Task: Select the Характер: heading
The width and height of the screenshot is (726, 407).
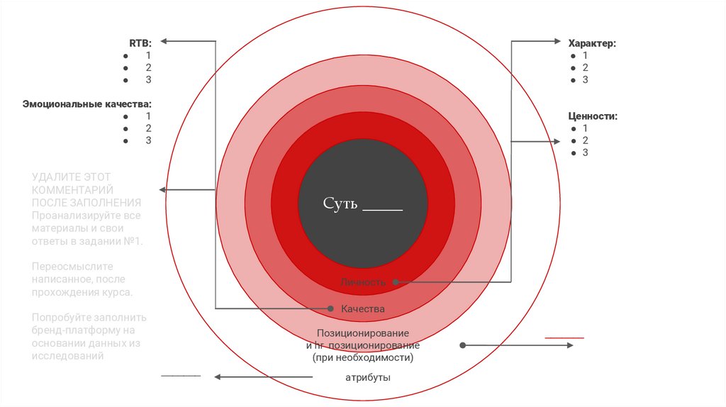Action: pyautogui.click(x=592, y=43)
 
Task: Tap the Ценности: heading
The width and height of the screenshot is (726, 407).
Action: pyautogui.click(x=593, y=116)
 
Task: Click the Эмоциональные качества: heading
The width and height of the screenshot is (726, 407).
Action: pyautogui.click(x=87, y=104)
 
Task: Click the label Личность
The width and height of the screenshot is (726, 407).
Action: pyautogui.click(x=363, y=282)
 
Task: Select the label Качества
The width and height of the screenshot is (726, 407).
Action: pyautogui.click(x=362, y=309)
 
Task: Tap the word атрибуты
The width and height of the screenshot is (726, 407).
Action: pyautogui.click(x=367, y=378)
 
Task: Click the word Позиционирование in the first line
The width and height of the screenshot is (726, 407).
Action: pyautogui.click(x=363, y=333)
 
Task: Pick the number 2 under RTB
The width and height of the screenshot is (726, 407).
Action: pyautogui.click(x=148, y=67)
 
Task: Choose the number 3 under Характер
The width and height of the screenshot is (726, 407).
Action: pyautogui.click(x=585, y=80)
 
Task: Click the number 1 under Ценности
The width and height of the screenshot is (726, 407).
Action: pyautogui.click(x=585, y=128)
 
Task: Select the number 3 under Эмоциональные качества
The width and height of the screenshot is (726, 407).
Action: pyautogui.click(x=148, y=140)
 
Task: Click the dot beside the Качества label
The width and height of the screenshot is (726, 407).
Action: pyautogui.click(x=330, y=308)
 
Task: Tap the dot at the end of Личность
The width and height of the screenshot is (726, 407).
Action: pyautogui.click(x=396, y=282)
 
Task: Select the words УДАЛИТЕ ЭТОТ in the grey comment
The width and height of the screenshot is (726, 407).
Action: pyautogui.click(x=71, y=177)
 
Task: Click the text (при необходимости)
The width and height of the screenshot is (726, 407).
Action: pyautogui.click(x=362, y=358)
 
